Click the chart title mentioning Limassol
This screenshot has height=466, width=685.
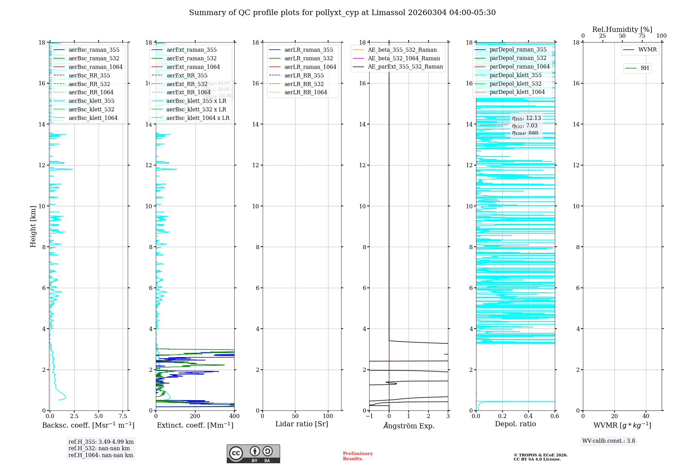coord(342,13)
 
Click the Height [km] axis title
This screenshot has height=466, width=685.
coord(33,226)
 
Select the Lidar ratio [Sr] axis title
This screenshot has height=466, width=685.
coord(302,424)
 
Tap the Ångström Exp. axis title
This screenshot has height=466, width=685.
coord(409,426)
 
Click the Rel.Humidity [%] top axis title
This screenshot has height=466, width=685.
coord(622,29)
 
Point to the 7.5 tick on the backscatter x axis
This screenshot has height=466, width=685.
coord(123,416)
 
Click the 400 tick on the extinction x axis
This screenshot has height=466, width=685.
coord(234,416)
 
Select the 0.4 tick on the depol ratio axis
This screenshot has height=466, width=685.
coord(528,416)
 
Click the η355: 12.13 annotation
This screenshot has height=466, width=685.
coord(526,118)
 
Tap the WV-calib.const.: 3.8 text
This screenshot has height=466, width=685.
coord(609,441)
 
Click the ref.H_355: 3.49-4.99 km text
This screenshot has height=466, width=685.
coord(101,442)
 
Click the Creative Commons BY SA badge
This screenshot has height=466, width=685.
coord(253,454)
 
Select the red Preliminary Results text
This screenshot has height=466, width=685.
coord(358,456)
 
